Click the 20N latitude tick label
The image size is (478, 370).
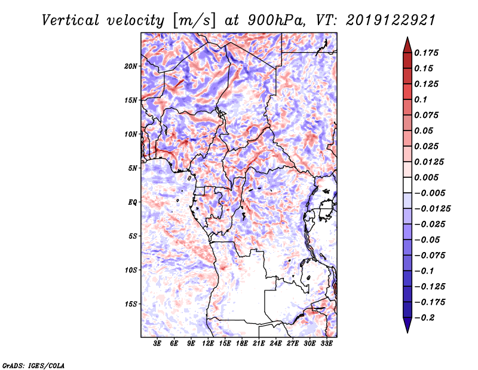(131, 66)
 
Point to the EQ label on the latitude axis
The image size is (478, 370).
(132, 202)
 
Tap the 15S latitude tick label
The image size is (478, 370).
(131, 304)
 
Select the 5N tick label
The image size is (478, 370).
(133, 168)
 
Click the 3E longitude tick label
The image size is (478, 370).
(157, 344)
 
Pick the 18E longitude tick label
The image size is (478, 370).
(242, 344)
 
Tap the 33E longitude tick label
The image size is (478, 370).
(326, 344)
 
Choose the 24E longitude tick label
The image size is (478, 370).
(275, 344)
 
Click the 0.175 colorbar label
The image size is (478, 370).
(426, 53)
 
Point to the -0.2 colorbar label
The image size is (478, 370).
(424, 318)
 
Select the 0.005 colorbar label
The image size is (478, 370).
(426, 177)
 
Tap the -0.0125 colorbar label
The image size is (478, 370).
(432, 209)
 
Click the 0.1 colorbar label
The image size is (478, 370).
(421, 99)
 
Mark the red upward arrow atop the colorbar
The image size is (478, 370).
(407, 45)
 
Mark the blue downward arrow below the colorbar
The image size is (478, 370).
(407, 325)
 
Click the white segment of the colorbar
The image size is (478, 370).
(407, 185)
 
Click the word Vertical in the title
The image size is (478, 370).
(71, 20)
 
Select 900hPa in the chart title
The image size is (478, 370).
(276, 20)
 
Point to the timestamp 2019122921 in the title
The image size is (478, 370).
(391, 20)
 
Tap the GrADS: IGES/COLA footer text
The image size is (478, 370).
(33, 366)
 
